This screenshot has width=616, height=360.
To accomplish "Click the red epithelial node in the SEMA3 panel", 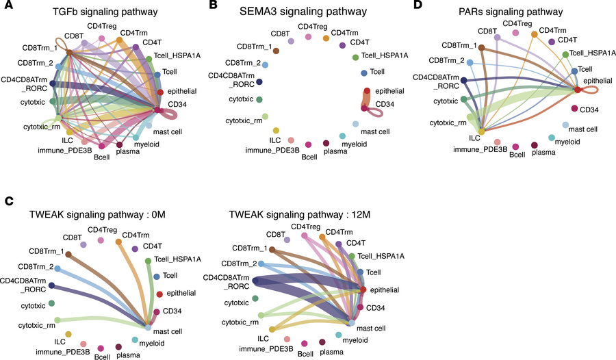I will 367,91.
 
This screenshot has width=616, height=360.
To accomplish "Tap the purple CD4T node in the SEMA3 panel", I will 342,45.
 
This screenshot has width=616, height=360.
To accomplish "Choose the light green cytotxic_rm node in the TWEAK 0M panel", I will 58,320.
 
